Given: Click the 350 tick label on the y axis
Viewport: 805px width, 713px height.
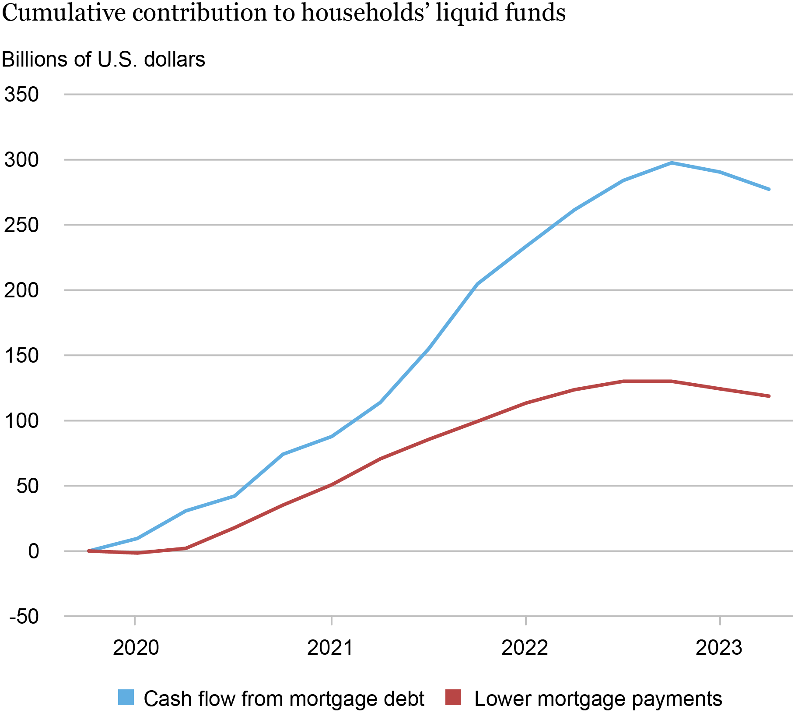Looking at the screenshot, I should (x=21, y=95).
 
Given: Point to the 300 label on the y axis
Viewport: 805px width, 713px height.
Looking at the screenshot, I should (x=21, y=160).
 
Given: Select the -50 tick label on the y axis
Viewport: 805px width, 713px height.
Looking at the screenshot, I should (x=24, y=617).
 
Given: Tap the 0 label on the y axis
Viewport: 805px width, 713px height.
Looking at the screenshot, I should (x=33, y=551).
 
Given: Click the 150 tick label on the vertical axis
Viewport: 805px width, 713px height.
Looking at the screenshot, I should (x=21, y=356).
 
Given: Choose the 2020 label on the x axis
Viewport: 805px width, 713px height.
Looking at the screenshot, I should (x=136, y=648).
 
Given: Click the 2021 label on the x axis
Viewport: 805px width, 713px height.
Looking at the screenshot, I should (x=330, y=648).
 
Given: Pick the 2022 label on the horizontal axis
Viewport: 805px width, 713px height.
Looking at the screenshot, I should (x=525, y=648).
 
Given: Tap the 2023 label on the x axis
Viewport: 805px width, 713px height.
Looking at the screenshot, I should (x=719, y=648).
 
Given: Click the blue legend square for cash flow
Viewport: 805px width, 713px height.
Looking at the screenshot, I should (x=126, y=698).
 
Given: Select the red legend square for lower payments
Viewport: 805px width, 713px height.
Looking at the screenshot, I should (x=453, y=698).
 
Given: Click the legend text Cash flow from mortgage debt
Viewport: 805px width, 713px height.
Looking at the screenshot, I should (x=284, y=699).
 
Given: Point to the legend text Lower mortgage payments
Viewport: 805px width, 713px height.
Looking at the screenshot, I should (x=598, y=699).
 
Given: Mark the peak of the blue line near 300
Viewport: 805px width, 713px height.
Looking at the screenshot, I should (x=671, y=163).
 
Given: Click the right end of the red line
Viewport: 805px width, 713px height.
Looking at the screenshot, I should (x=769, y=396).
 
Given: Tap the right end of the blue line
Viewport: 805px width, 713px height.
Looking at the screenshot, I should (x=769, y=189).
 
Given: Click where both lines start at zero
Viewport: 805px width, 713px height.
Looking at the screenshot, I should (x=89, y=551).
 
